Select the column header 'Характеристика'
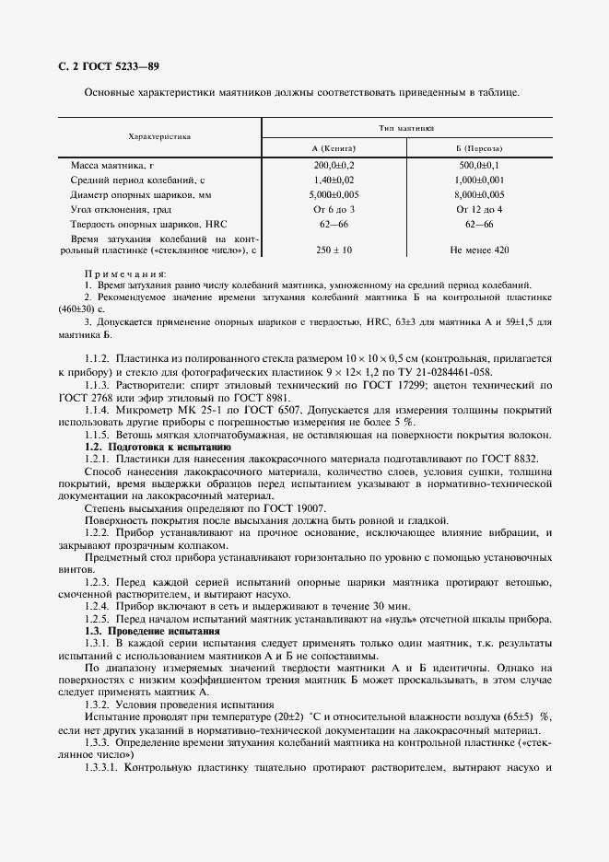pos(159,135)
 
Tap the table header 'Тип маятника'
pos(406,128)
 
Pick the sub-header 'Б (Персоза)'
pos(479,148)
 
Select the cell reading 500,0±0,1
pos(479,165)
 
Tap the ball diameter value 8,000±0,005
pos(479,195)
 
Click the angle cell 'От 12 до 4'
pos(479,210)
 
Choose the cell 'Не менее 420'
pos(479,250)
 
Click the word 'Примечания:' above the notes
pos(125,274)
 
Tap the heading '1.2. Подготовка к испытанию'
pos(158,447)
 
